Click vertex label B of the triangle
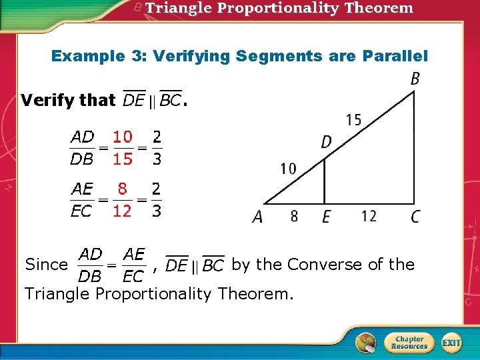click(x=415, y=79)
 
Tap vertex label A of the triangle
click(x=257, y=217)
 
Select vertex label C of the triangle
click(x=415, y=217)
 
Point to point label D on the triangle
click(x=327, y=142)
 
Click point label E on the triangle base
click(x=326, y=217)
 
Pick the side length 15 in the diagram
click(x=354, y=120)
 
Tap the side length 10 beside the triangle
click(x=289, y=169)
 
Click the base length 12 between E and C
click(x=369, y=216)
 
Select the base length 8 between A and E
click(x=294, y=216)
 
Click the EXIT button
click(x=451, y=343)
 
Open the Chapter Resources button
click(x=409, y=343)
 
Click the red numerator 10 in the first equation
click(x=122, y=137)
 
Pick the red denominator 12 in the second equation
click(x=122, y=211)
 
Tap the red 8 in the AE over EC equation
click(x=122, y=189)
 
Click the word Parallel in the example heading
click(x=395, y=56)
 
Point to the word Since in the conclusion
click(x=46, y=265)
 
